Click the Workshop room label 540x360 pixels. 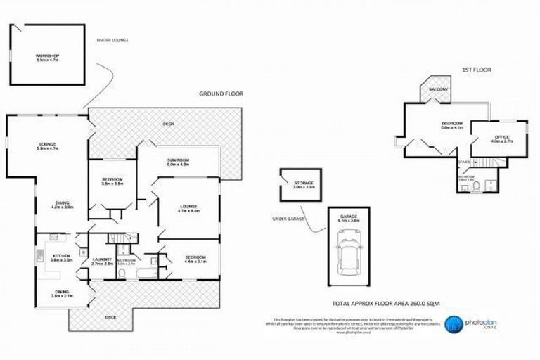point(47,56)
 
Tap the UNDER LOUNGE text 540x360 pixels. point(112,41)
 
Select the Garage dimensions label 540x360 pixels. point(348,221)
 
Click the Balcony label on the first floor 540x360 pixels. point(430,91)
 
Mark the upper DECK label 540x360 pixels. point(168,124)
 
